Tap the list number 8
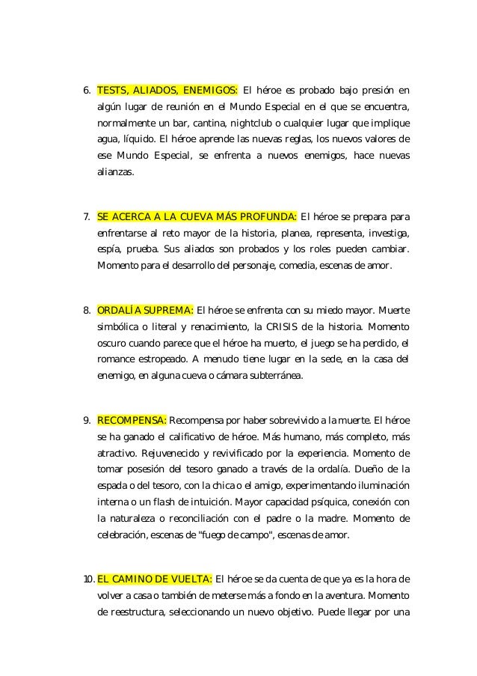tap(85, 311)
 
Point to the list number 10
tap(87, 579)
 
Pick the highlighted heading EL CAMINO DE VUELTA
tap(155, 579)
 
